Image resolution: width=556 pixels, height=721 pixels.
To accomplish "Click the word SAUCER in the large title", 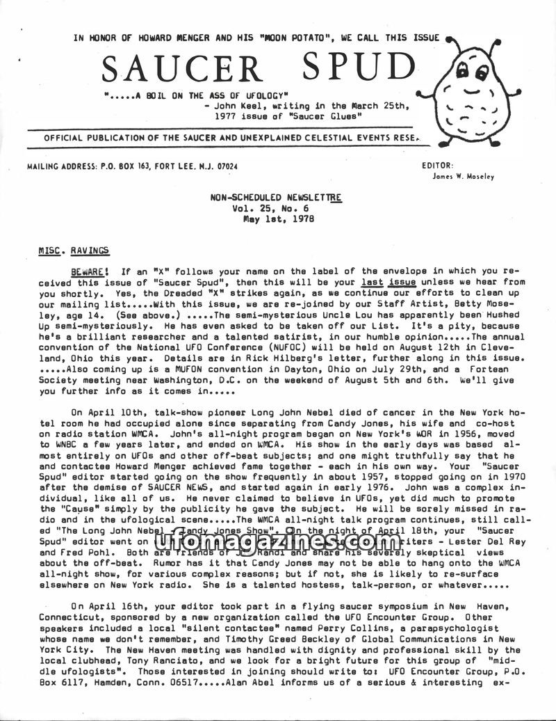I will pos(183,68).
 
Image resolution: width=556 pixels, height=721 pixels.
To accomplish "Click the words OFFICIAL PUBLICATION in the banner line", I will pos(104,138).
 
